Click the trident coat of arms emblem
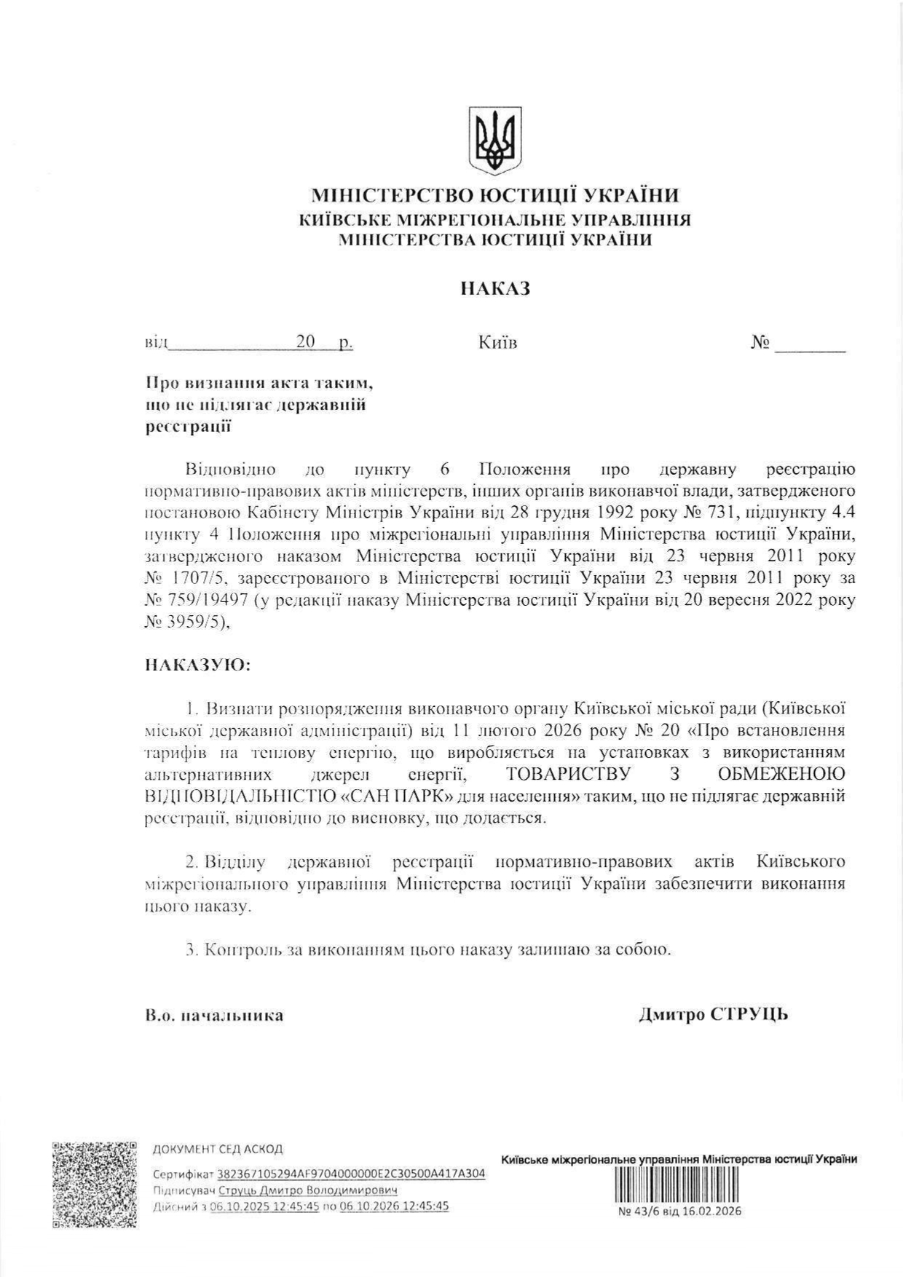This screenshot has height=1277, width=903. (495, 141)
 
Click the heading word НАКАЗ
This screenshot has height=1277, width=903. (495, 289)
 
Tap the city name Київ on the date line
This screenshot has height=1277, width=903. (498, 342)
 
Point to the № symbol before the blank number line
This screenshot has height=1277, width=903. (760, 342)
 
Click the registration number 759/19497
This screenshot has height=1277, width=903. (199, 601)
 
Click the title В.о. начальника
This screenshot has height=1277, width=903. (215, 1015)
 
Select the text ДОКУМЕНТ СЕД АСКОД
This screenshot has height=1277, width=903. (218, 1150)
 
